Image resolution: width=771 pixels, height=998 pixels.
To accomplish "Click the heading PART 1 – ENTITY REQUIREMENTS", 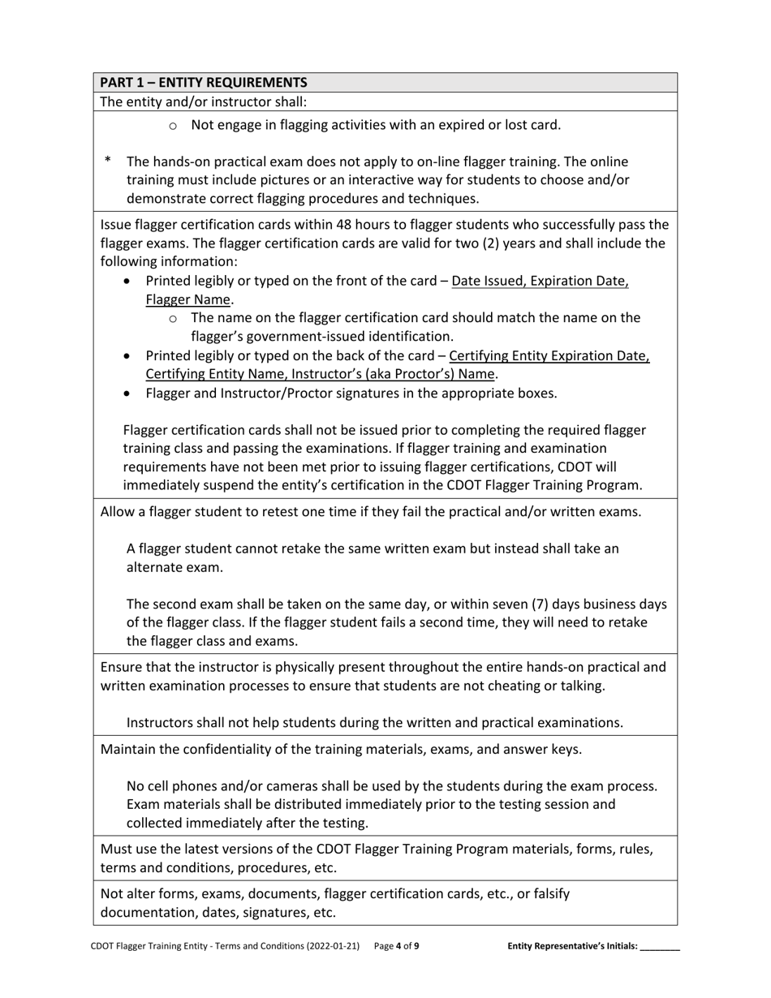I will click(204, 82).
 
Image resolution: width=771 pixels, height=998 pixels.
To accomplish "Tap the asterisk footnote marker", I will click(108, 161).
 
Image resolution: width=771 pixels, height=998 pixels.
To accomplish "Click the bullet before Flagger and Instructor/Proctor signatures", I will click(127, 394).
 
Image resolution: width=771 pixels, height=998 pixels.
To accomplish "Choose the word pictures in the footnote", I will click(321, 180).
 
